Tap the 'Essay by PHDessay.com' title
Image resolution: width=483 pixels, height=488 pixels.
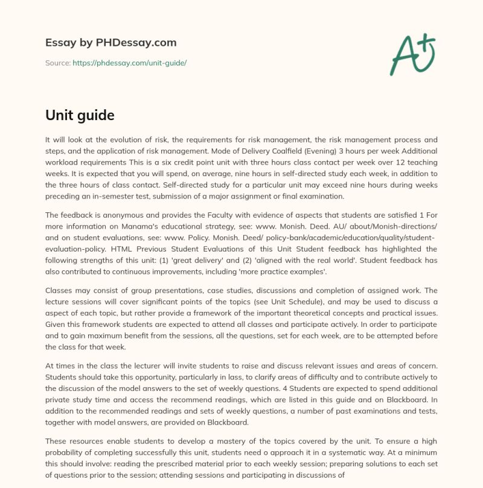coord(111,43)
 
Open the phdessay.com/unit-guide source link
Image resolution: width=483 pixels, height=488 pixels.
coord(129,62)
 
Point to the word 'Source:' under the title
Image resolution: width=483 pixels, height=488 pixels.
coord(57,62)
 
